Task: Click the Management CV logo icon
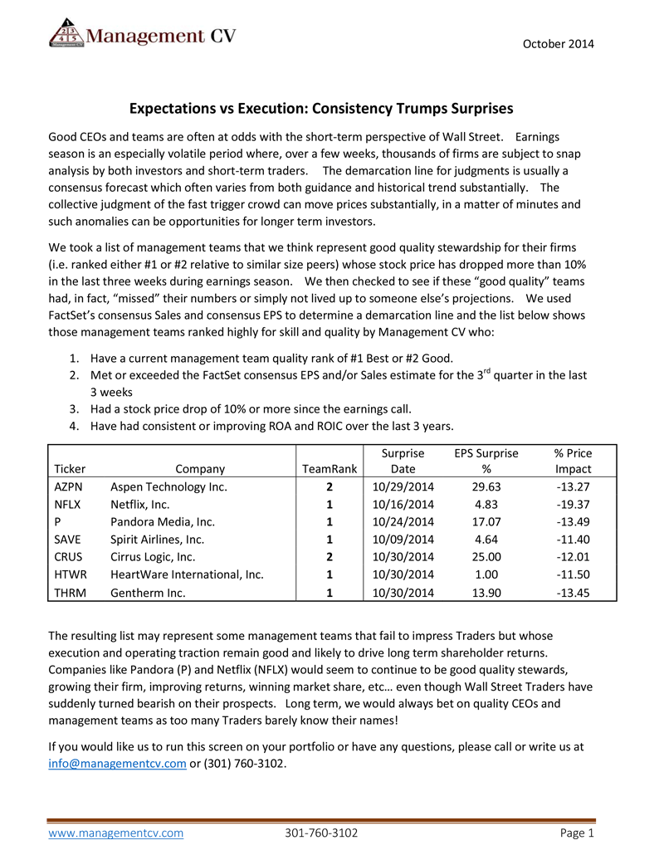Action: coord(66,34)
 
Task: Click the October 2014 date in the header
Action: coord(558,43)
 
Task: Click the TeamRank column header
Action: coord(330,469)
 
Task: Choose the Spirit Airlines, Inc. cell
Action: coord(157,540)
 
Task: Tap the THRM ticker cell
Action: coord(70,593)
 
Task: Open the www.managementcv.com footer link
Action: coord(115,833)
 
